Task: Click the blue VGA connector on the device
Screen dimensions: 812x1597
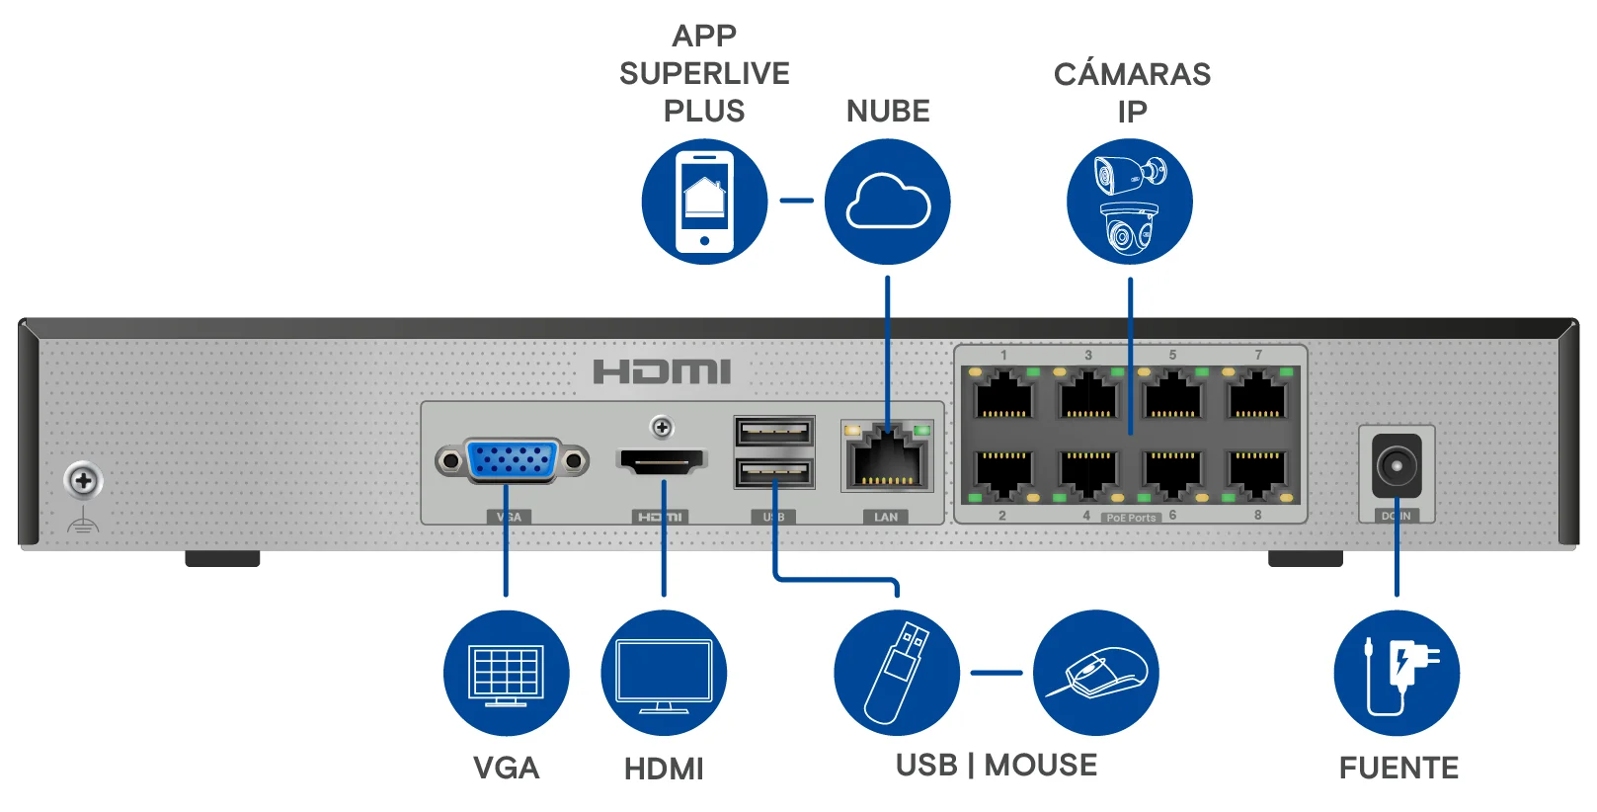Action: point(512,460)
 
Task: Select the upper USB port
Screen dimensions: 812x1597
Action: point(774,432)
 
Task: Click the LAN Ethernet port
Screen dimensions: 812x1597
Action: point(887,460)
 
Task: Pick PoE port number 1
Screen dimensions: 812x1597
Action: point(1003,395)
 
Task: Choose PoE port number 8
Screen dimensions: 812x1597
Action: point(1256,472)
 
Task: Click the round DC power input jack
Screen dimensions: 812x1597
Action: point(1397,464)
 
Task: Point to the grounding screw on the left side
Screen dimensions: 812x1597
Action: point(84,481)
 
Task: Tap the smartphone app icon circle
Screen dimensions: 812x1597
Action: point(704,202)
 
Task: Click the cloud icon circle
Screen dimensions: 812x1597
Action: point(887,202)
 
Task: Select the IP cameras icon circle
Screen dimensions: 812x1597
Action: point(1130,202)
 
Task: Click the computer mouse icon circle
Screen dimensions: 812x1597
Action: point(1096,673)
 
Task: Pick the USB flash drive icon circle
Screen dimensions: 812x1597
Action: point(897,673)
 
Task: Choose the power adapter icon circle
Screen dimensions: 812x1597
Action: point(1397,673)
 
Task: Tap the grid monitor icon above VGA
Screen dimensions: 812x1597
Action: point(507,673)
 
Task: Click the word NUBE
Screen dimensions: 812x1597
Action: point(888,111)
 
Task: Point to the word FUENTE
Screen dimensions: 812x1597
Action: point(1398,768)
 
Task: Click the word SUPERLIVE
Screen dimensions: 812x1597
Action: point(704,73)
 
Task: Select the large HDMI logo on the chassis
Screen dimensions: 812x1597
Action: point(662,371)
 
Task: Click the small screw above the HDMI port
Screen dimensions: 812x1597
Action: point(662,427)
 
